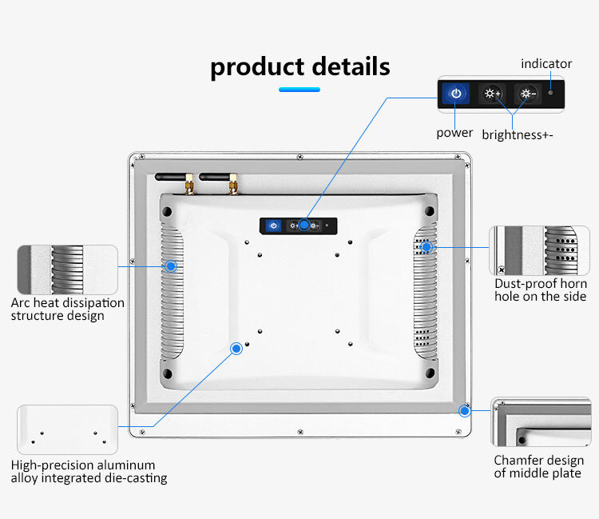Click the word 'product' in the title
256,66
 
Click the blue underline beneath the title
299,90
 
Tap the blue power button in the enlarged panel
455,94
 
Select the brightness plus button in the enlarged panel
491,94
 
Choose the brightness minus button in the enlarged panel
527,94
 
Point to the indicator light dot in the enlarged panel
550,83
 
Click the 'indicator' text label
546,63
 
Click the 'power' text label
454,133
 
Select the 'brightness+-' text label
518,134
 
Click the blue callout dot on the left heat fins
170,265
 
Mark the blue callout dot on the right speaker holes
426,247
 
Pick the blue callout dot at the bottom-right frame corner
463,411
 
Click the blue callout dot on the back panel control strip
304,226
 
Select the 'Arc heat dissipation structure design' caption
68,309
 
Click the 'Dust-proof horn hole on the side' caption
541,290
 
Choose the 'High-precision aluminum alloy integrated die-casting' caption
89,472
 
